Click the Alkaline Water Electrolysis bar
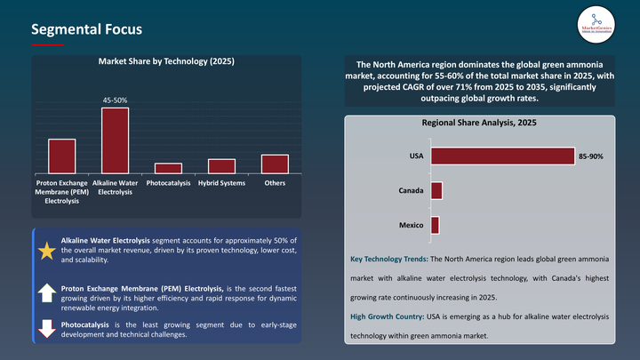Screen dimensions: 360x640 [115, 140]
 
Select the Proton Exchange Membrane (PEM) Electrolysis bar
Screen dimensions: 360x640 [61, 156]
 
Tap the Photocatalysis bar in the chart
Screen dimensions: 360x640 [168, 168]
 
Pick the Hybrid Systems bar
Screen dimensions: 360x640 [221, 166]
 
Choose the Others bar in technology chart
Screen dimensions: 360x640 [275, 164]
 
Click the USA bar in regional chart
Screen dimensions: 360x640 [502, 156]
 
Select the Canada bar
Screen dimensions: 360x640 [436, 191]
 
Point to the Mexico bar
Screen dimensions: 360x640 [435, 226]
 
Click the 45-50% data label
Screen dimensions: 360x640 [115, 100]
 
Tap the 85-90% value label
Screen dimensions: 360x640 [591, 156]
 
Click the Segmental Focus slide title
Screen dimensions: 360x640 [85, 29]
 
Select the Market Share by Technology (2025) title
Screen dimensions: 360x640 [165, 62]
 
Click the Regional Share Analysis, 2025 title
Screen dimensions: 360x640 [478, 124]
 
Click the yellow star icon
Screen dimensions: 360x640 [46, 252]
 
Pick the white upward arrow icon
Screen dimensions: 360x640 [46, 293]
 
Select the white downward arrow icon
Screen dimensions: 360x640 [46, 328]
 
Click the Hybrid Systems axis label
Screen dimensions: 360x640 [221, 183]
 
